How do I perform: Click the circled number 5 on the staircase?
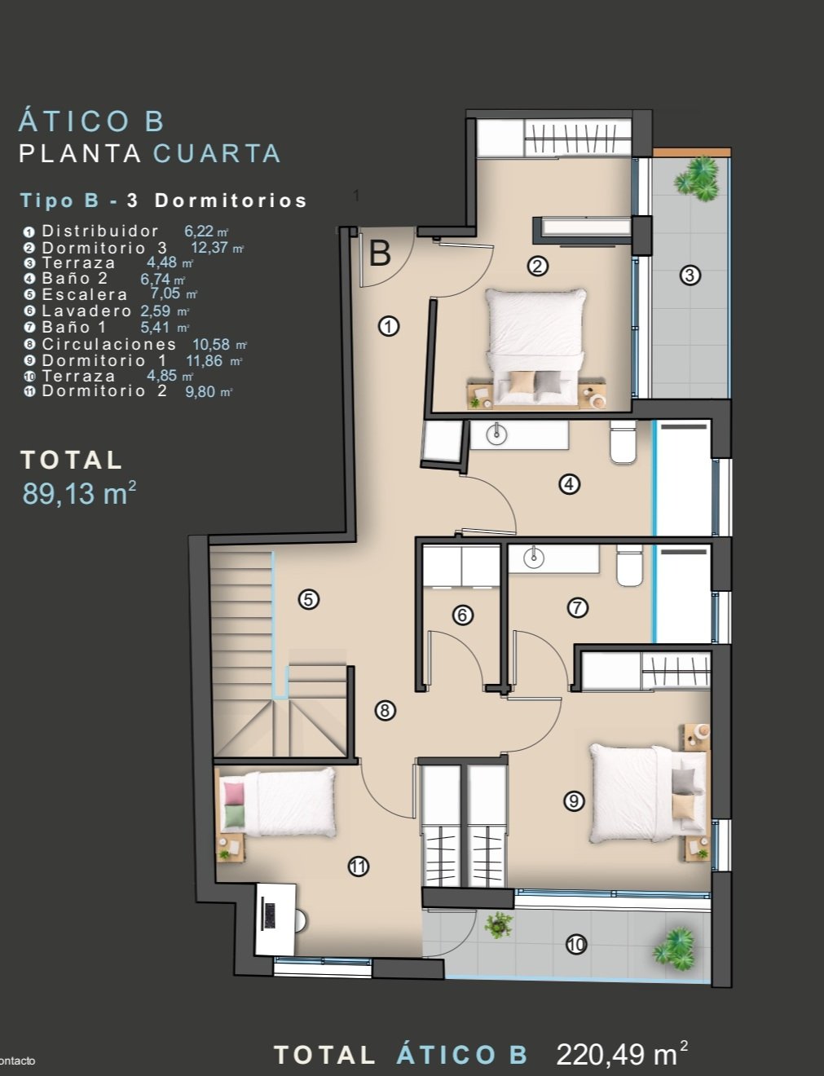point(308,600)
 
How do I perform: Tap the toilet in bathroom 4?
point(623,442)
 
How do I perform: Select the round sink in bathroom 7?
point(534,558)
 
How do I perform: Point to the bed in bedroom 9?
point(648,793)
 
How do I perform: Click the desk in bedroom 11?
point(275,919)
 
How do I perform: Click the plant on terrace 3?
point(696,179)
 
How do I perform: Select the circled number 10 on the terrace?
point(576,945)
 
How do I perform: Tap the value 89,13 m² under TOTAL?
point(79,493)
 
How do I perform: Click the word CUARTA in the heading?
point(217,153)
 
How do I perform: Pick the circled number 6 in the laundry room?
point(463,615)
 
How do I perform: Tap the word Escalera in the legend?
point(85,294)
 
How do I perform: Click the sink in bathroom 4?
point(496,434)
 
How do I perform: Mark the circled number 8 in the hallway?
point(385,711)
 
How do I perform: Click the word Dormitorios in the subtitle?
point(231,201)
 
